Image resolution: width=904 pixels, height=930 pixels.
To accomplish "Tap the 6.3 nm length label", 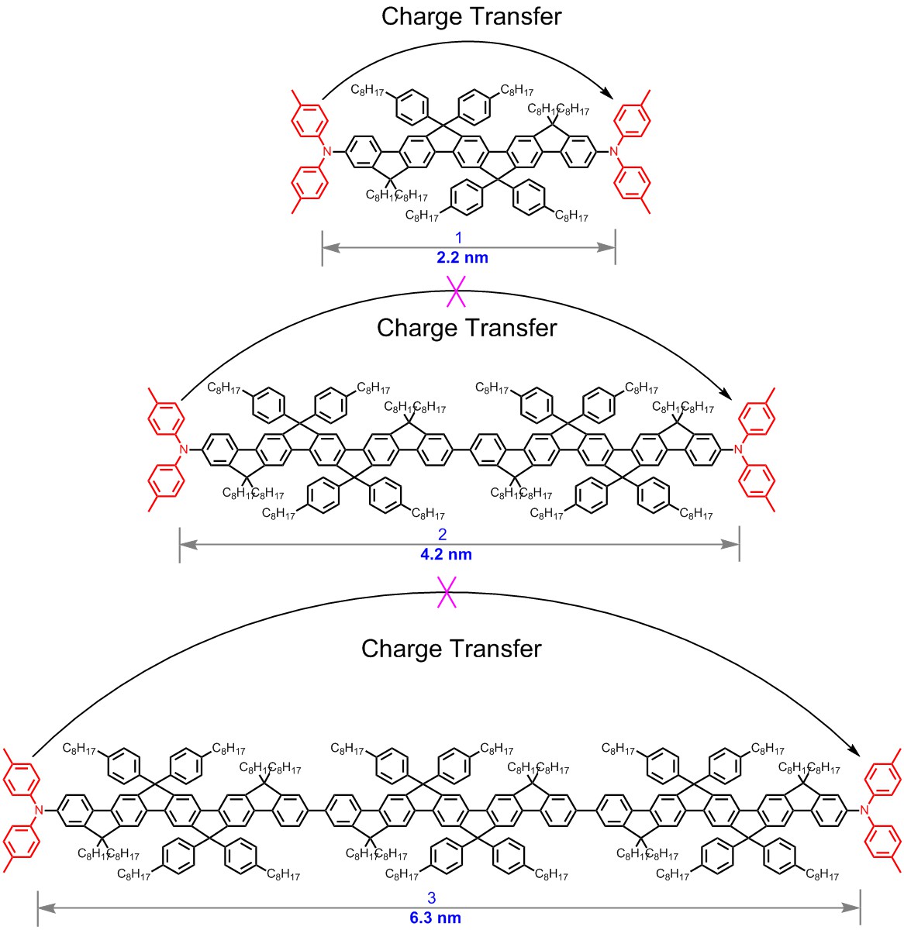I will (435, 918).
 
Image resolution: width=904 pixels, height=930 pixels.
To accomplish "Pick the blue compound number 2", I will (443, 535).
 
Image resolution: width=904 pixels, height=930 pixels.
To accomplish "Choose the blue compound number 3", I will (432, 898).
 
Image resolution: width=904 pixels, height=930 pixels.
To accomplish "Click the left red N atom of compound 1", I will (327, 151).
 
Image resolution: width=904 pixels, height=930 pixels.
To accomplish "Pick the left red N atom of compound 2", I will (184, 449).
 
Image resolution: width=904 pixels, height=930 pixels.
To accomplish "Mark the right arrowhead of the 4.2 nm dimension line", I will (732, 545).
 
